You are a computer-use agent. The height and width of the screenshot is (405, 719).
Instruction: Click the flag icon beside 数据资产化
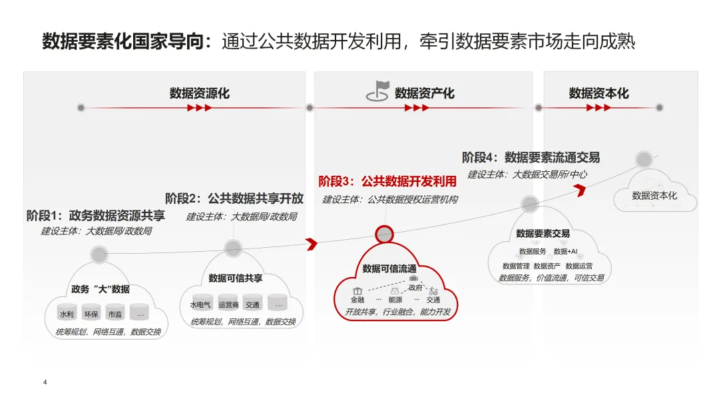(x=377, y=92)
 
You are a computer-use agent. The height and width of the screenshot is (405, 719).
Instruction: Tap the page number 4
(x=45, y=382)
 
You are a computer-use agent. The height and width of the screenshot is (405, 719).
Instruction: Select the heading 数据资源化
(x=199, y=93)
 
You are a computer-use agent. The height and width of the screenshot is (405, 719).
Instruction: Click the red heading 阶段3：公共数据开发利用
(x=387, y=181)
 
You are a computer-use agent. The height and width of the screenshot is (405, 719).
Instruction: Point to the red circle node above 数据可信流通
(x=385, y=234)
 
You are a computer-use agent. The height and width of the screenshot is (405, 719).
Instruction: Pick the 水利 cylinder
(x=67, y=313)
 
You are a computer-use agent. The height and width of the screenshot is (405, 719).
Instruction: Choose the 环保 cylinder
(x=91, y=313)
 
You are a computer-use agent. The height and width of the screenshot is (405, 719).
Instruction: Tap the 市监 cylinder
(x=115, y=313)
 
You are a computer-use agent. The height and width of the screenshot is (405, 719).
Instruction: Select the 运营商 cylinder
(x=228, y=304)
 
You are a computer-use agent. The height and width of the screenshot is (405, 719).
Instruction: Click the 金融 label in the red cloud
(x=358, y=300)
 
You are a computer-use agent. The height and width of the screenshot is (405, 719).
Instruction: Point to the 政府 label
(x=415, y=288)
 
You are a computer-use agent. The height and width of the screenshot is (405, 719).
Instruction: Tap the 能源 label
(x=395, y=300)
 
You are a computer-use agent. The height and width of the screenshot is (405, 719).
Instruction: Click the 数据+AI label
(x=566, y=251)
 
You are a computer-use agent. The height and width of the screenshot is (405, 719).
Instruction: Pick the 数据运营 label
(x=579, y=266)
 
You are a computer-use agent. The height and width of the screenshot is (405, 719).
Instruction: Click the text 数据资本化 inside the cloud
(x=654, y=196)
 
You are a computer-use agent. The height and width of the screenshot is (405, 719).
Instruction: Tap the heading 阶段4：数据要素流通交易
(x=531, y=158)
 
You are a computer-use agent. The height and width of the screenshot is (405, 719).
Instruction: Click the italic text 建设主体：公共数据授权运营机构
(x=390, y=199)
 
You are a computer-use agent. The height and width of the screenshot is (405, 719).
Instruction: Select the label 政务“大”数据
(x=101, y=289)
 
